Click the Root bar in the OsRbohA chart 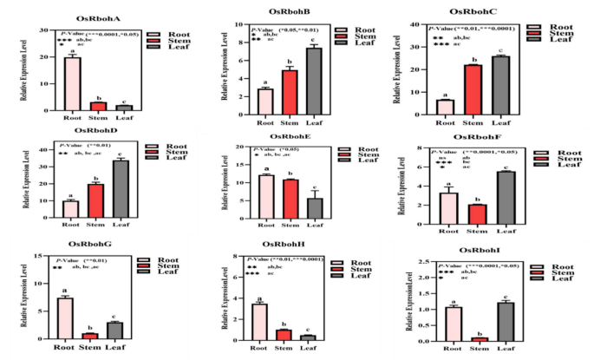(x=72, y=83)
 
